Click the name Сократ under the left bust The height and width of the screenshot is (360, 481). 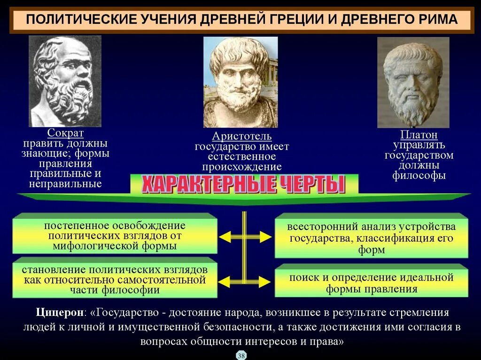(65, 133)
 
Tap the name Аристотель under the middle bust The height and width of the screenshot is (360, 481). (241, 137)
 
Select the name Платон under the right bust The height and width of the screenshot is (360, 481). (419, 135)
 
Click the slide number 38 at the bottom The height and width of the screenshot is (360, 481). (241, 355)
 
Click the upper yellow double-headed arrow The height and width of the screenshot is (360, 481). (244, 237)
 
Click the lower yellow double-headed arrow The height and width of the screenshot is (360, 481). (244, 282)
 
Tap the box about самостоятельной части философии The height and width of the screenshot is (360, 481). (115, 280)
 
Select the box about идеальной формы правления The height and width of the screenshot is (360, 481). (371, 283)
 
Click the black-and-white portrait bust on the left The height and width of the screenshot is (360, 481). (65, 81)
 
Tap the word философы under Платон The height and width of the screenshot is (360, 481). (419, 176)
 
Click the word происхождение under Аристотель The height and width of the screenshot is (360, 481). (242, 167)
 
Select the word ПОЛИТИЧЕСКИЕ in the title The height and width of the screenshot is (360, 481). (78, 20)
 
